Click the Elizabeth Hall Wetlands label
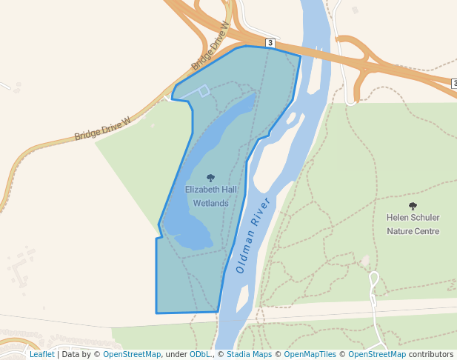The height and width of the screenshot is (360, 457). click(211, 196)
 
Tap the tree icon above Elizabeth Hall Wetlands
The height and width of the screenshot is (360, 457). click(211, 178)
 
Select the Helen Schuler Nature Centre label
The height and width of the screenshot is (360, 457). click(413, 224)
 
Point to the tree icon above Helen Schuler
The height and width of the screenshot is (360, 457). click(413, 206)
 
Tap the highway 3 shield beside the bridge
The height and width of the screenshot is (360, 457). click(270, 43)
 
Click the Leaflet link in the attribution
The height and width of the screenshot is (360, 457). click(41, 355)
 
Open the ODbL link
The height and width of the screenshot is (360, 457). click(200, 355)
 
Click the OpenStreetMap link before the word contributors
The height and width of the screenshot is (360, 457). click(377, 355)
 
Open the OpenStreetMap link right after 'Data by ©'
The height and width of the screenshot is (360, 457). click(132, 355)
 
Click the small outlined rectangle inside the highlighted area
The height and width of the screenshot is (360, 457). click(204, 91)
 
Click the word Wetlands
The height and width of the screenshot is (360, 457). click(211, 203)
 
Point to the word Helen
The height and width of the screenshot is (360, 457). click(398, 218)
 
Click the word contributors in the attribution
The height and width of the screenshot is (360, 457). click(430, 355)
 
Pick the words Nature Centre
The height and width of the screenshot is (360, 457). click(413, 231)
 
